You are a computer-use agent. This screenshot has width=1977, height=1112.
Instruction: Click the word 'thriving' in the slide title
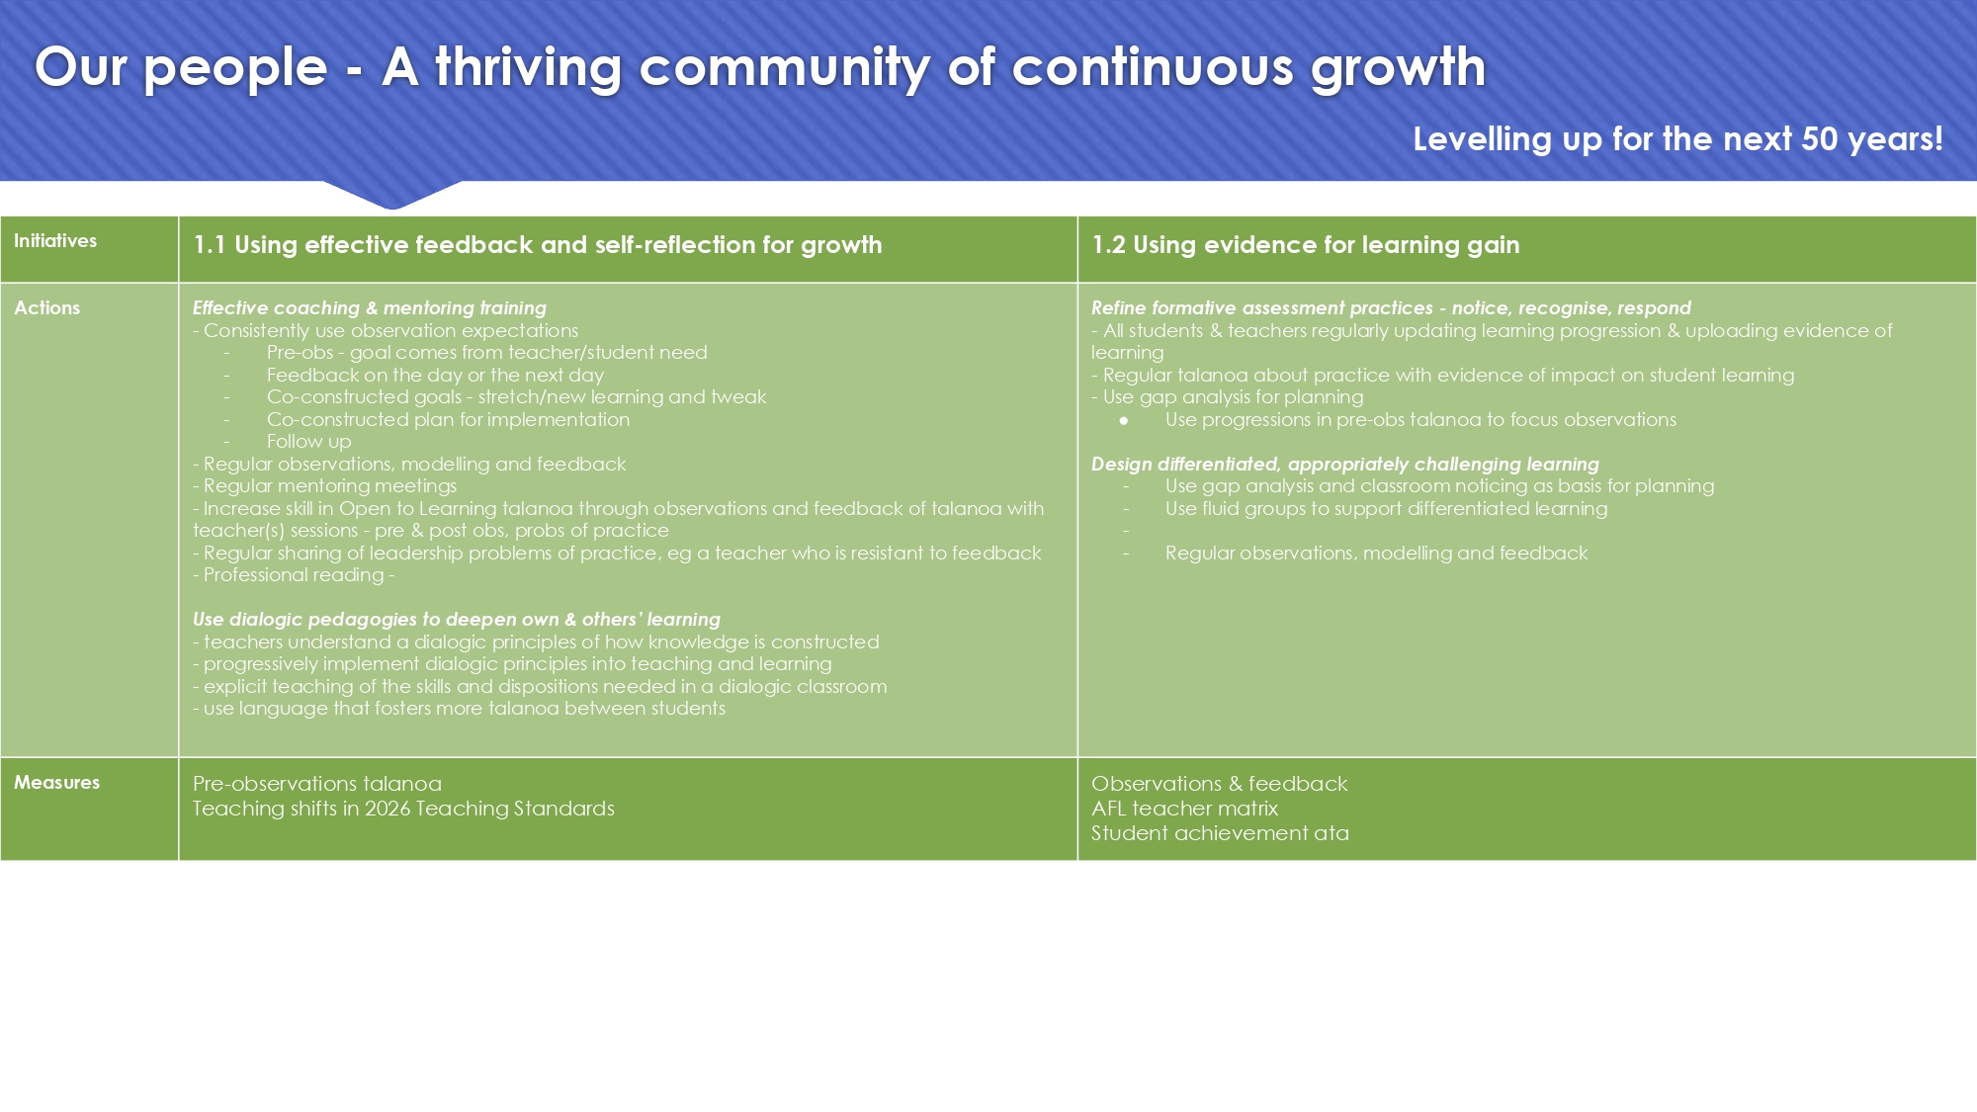pos(529,67)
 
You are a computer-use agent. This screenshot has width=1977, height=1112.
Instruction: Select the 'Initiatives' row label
pos(55,241)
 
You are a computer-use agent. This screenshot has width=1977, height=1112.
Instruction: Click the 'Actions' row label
pos(47,308)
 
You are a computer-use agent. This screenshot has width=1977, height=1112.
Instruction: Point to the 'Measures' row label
pos(57,783)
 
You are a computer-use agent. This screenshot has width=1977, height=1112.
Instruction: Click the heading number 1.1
pos(209,245)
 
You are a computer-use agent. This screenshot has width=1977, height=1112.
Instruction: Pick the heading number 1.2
pos(1108,245)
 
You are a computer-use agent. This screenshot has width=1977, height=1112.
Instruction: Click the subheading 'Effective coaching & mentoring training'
pos(370,308)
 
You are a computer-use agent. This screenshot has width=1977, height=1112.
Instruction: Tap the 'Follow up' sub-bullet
pos(308,442)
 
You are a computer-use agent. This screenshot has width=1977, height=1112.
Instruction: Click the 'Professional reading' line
pos(294,575)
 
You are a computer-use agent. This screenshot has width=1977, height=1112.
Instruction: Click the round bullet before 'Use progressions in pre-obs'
pos(1124,421)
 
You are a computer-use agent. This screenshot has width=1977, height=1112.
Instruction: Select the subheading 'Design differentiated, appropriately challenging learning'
pos(1345,465)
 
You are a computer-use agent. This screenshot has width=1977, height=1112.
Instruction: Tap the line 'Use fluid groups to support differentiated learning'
pos(1387,509)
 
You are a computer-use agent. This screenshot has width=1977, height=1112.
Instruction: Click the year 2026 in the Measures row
pos(387,809)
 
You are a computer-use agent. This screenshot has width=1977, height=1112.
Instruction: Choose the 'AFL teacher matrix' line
pos(1185,809)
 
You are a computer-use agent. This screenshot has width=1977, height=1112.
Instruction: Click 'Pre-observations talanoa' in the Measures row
pos(317,784)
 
